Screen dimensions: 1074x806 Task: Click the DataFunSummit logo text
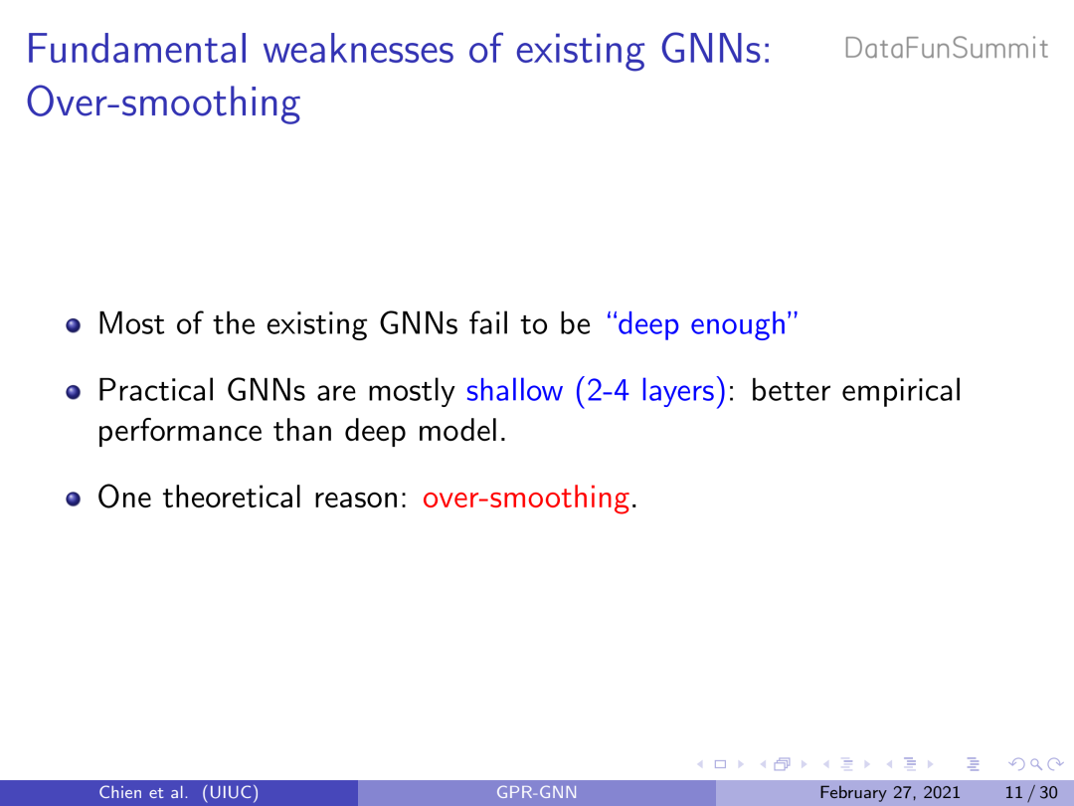tap(946, 49)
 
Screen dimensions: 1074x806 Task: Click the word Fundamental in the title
tap(137, 50)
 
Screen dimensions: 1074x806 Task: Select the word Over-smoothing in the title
tap(163, 102)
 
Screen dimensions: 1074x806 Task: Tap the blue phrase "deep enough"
tap(702, 324)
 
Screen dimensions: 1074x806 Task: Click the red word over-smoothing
tap(525, 497)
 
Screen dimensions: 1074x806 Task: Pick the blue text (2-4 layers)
tap(650, 391)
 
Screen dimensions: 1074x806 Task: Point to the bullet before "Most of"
tap(74, 324)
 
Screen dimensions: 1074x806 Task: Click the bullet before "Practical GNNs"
tap(74, 392)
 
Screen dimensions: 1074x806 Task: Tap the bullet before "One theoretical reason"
tap(74, 499)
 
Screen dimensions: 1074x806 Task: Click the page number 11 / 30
tap(1031, 793)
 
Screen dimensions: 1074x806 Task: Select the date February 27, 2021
tap(890, 793)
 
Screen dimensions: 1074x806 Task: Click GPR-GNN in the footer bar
tap(536, 793)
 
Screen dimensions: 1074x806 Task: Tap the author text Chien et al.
tap(143, 793)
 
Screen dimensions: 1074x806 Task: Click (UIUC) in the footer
tap(230, 793)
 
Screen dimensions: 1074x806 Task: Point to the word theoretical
tap(232, 497)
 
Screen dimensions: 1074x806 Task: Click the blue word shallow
tap(514, 391)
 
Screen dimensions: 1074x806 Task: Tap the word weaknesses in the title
tap(359, 50)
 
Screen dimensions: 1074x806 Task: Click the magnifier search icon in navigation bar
tap(1035, 763)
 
